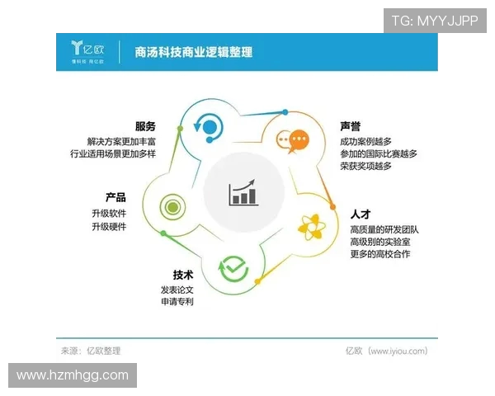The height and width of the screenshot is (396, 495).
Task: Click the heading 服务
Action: (x=145, y=126)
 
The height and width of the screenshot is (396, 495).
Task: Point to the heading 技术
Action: (x=183, y=275)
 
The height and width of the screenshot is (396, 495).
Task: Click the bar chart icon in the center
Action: (x=244, y=193)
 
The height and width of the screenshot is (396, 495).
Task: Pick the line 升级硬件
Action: (x=109, y=227)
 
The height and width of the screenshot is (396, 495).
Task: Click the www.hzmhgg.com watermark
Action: (x=73, y=375)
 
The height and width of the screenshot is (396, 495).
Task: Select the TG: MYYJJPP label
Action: (x=434, y=21)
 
